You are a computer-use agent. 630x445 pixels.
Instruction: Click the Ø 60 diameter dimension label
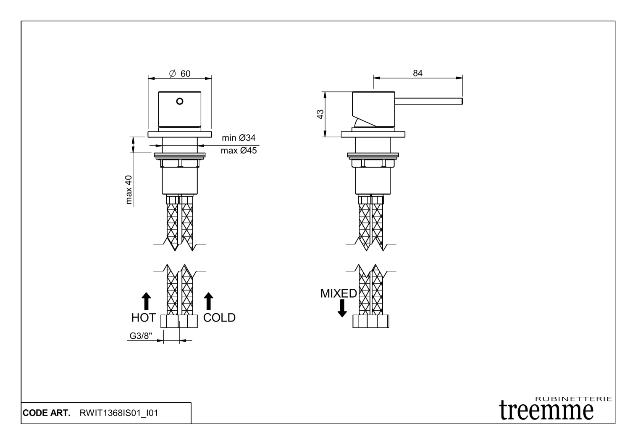tap(180, 74)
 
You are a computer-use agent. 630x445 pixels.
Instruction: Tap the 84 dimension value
tap(417, 73)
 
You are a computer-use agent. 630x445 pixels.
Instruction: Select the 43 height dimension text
tap(320, 114)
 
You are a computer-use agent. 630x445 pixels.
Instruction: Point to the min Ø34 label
tap(239, 138)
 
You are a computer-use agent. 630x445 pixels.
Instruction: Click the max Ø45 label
tap(239, 151)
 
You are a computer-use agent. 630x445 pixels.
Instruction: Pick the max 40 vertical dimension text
tap(129, 190)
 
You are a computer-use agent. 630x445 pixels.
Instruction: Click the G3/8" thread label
tap(141, 336)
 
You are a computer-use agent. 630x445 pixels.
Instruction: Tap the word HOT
tap(143, 318)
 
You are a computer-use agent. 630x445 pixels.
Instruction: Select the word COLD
tap(219, 318)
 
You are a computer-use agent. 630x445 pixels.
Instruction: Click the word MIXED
tap(339, 293)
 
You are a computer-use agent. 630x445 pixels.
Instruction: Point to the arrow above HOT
tap(146, 301)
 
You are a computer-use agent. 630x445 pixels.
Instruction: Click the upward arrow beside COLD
tap(208, 301)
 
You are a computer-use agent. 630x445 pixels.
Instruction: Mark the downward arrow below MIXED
tap(342, 308)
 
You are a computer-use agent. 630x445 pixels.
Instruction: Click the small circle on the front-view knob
tap(179, 101)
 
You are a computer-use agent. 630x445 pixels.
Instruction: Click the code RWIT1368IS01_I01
tap(118, 413)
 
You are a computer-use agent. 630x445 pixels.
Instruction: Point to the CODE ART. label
tap(46, 413)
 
